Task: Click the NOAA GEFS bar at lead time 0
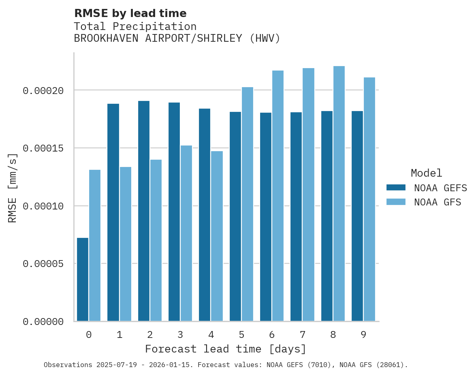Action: (x=83, y=280)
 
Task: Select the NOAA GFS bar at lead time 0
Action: (x=95, y=246)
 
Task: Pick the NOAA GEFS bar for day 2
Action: (x=144, y=211)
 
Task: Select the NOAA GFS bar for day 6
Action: (x=278, y=196)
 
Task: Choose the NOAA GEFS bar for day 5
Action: (x=235, y=216)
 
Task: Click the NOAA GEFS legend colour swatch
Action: (x=396, y=188)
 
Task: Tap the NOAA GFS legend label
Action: (x=438, y=202)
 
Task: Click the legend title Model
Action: (x=426, y=173)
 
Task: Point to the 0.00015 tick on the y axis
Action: (x=43, y=148)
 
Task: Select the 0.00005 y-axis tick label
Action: (x=43, y=264)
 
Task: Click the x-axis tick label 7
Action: (x=302, y=335)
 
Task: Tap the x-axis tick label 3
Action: (x=180, y=335)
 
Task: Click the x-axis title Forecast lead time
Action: (x=226, y=349)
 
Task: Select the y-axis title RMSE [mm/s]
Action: (x=13, y=188)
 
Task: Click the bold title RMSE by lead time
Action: (x=130, y=14)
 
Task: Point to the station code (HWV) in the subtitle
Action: (x=265, y=39)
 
